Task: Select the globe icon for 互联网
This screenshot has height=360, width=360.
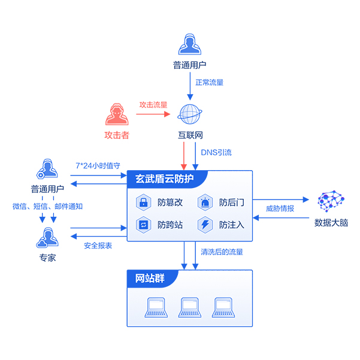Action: click(191, 114)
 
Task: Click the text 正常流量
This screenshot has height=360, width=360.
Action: click(210, 82)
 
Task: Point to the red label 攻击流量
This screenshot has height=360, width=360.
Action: click(153, 104)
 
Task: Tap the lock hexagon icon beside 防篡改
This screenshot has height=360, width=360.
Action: click(144, 202)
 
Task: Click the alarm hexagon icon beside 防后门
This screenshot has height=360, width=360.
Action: click(205, 202)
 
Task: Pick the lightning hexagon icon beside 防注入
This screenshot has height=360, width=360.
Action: click(205, 225)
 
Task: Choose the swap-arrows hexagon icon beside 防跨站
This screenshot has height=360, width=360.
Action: click(144, 225)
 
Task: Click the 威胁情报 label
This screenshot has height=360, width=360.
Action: click(280, 208)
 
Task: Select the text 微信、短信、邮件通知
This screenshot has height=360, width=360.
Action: click(47, 206)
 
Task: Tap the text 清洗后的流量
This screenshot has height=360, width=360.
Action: click(222, 252)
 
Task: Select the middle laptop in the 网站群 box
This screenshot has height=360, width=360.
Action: click(189, 307)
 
